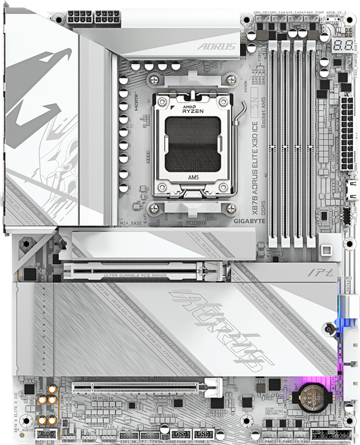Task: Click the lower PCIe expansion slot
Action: click(145, 388)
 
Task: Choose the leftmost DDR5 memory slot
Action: click(272, 134)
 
